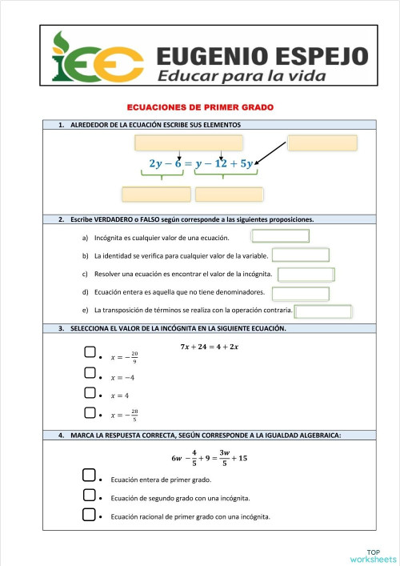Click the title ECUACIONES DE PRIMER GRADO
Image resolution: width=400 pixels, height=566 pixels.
coord(206,107)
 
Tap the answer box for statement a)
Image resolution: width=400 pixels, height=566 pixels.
coord(280,235)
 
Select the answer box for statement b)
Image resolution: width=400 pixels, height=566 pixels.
coord(300,255)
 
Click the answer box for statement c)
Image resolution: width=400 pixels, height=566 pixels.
coord(306,275)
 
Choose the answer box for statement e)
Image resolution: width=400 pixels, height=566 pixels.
coord(324,311)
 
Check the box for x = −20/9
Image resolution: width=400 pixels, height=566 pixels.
coord(90,353)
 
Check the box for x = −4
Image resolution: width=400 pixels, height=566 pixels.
coord(90,373)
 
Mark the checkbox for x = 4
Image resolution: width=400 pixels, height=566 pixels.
coord(90,393)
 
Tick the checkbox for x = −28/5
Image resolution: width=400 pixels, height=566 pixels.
coord(90,413)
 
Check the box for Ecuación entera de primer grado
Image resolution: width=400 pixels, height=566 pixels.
coord(90,477)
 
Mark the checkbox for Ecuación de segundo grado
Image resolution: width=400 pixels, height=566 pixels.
coord(90,496)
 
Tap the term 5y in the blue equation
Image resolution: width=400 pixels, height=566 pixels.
coord(245,164)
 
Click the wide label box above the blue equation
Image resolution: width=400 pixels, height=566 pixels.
coord(187,143)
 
